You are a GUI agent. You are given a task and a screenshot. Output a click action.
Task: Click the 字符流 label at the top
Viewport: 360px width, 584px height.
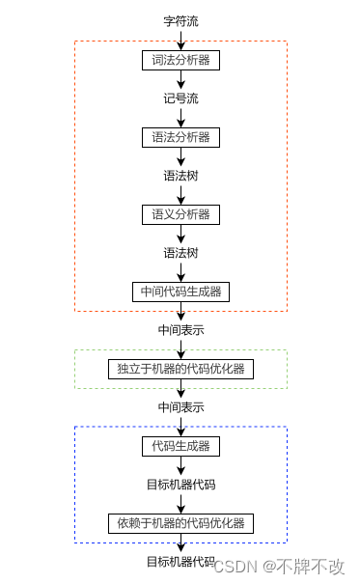(x=180, y=20)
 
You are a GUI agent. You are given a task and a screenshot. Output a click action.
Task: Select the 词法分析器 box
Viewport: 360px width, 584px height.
(x=180, y=60)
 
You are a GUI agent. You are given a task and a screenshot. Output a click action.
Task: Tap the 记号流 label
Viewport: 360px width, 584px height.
(x=180, y=98)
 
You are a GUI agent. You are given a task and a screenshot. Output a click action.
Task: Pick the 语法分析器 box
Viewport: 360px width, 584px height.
(x=180, y=137)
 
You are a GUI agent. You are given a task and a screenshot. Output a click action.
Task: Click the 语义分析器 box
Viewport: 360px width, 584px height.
(x=180, y=213)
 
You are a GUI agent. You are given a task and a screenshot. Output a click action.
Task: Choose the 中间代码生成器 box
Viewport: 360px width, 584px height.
(x=180, y=291)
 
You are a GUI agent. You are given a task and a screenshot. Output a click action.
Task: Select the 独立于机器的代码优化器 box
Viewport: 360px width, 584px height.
(x=180, y=368)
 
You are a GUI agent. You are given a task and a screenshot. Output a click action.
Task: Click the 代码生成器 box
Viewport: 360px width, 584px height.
(x=180, y=446)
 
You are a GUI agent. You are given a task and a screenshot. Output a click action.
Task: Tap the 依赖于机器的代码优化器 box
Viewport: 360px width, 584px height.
(x=180, y=523)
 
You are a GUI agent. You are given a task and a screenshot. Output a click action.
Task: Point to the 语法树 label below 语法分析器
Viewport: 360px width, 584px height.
(x=180, y=176)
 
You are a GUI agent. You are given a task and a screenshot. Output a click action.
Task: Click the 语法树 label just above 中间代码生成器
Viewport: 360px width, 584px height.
(x=180, y=252)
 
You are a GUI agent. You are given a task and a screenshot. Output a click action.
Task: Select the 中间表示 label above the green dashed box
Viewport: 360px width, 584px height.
(x=180, y=329)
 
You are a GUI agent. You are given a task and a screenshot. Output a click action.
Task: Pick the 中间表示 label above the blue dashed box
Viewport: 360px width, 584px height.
(x=180, y=406)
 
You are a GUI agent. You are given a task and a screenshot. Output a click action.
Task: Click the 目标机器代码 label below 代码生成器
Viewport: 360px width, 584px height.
(x=180, y=485)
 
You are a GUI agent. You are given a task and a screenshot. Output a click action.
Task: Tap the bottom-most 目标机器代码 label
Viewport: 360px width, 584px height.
(x=180, y=562)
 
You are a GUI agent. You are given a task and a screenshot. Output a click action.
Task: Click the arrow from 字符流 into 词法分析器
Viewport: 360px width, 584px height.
(x=180, y=39)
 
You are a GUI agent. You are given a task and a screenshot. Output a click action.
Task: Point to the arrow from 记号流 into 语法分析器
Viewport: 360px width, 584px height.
(x=180, y=117)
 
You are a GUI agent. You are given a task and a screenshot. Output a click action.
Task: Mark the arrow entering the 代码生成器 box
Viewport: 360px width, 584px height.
(x=180, y=426)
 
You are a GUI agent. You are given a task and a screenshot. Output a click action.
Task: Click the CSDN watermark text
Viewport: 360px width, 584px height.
(x=278, y=567)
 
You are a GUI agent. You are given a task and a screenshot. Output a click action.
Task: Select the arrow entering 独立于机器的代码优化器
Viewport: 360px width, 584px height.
(x=180, y=348)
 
